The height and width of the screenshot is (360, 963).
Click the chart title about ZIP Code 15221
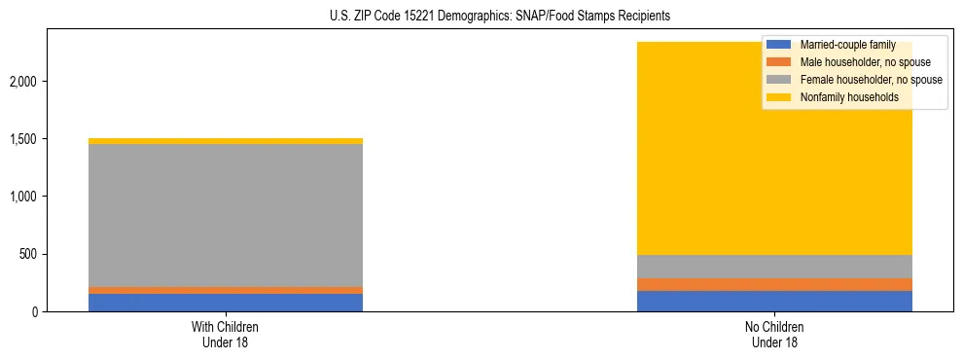(481, 17)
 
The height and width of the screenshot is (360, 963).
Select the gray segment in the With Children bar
(226, 215)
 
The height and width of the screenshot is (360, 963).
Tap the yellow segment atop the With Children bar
(226, 141)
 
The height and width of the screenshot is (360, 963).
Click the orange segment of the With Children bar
(226, 290)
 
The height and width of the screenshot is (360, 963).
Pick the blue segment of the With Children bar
(226, 303)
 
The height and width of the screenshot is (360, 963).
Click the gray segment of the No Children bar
(775, 267)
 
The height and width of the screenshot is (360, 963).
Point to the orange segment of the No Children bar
(775, 284)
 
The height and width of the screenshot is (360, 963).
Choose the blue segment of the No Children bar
(775, 301)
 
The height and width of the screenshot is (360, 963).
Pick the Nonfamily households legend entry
(842, 97)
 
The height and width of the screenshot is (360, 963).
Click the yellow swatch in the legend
(779, 97)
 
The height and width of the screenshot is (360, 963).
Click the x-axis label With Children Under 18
(226, 334)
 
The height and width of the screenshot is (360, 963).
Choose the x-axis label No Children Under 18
(775, 334)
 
